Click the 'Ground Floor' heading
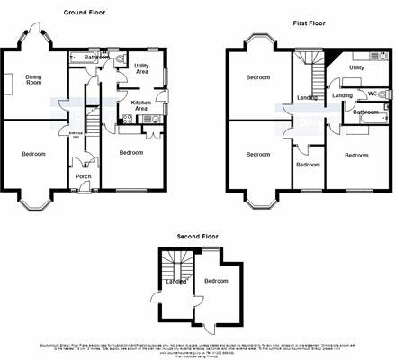87,13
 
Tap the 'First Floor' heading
310,21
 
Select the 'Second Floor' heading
198,235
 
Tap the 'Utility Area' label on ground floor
141,68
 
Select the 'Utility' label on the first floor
356,67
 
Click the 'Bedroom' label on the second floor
216,281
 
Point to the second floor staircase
174,265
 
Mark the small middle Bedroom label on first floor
308,165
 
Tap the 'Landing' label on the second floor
175,282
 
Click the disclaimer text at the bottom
198,347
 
